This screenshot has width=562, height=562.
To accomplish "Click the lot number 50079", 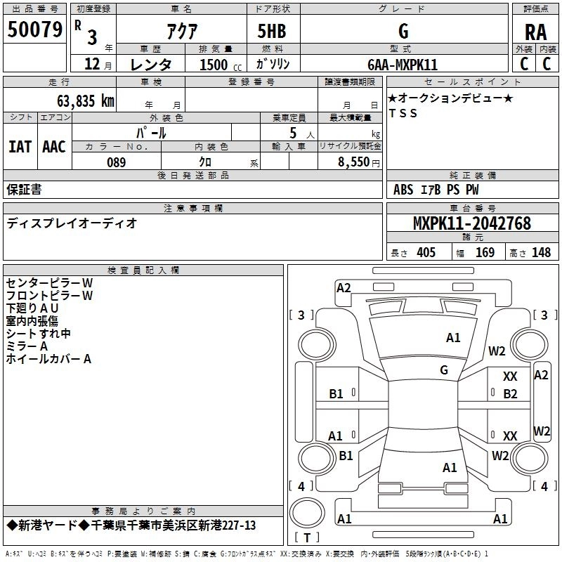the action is coord(35,30).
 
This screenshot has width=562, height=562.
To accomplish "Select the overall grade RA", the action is coord(535,32).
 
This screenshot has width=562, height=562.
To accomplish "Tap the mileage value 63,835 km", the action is coord(86,101).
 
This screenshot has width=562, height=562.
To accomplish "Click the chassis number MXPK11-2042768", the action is coord(471,223).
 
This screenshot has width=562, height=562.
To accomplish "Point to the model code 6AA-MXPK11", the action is coord(403,65).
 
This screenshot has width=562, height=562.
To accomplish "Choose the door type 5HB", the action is coord(272,31).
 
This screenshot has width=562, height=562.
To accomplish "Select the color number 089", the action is coord(117,162).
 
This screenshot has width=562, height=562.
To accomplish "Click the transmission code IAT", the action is coord(20,147).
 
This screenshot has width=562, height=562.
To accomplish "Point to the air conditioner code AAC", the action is coord(54,147).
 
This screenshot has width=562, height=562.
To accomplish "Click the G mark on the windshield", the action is coord(444,370).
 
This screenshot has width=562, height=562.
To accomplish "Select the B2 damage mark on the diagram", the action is coord(510,394).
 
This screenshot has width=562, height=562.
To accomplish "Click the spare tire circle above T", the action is coord(307,513).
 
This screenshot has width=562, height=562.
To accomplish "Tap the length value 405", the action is coord(426,252).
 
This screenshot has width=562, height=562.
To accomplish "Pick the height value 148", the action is coord(541,252).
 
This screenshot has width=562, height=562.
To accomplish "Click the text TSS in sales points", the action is coord(403,113).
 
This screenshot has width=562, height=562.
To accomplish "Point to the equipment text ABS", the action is coord(403,190).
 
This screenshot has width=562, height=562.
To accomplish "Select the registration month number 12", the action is coord(92,64).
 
